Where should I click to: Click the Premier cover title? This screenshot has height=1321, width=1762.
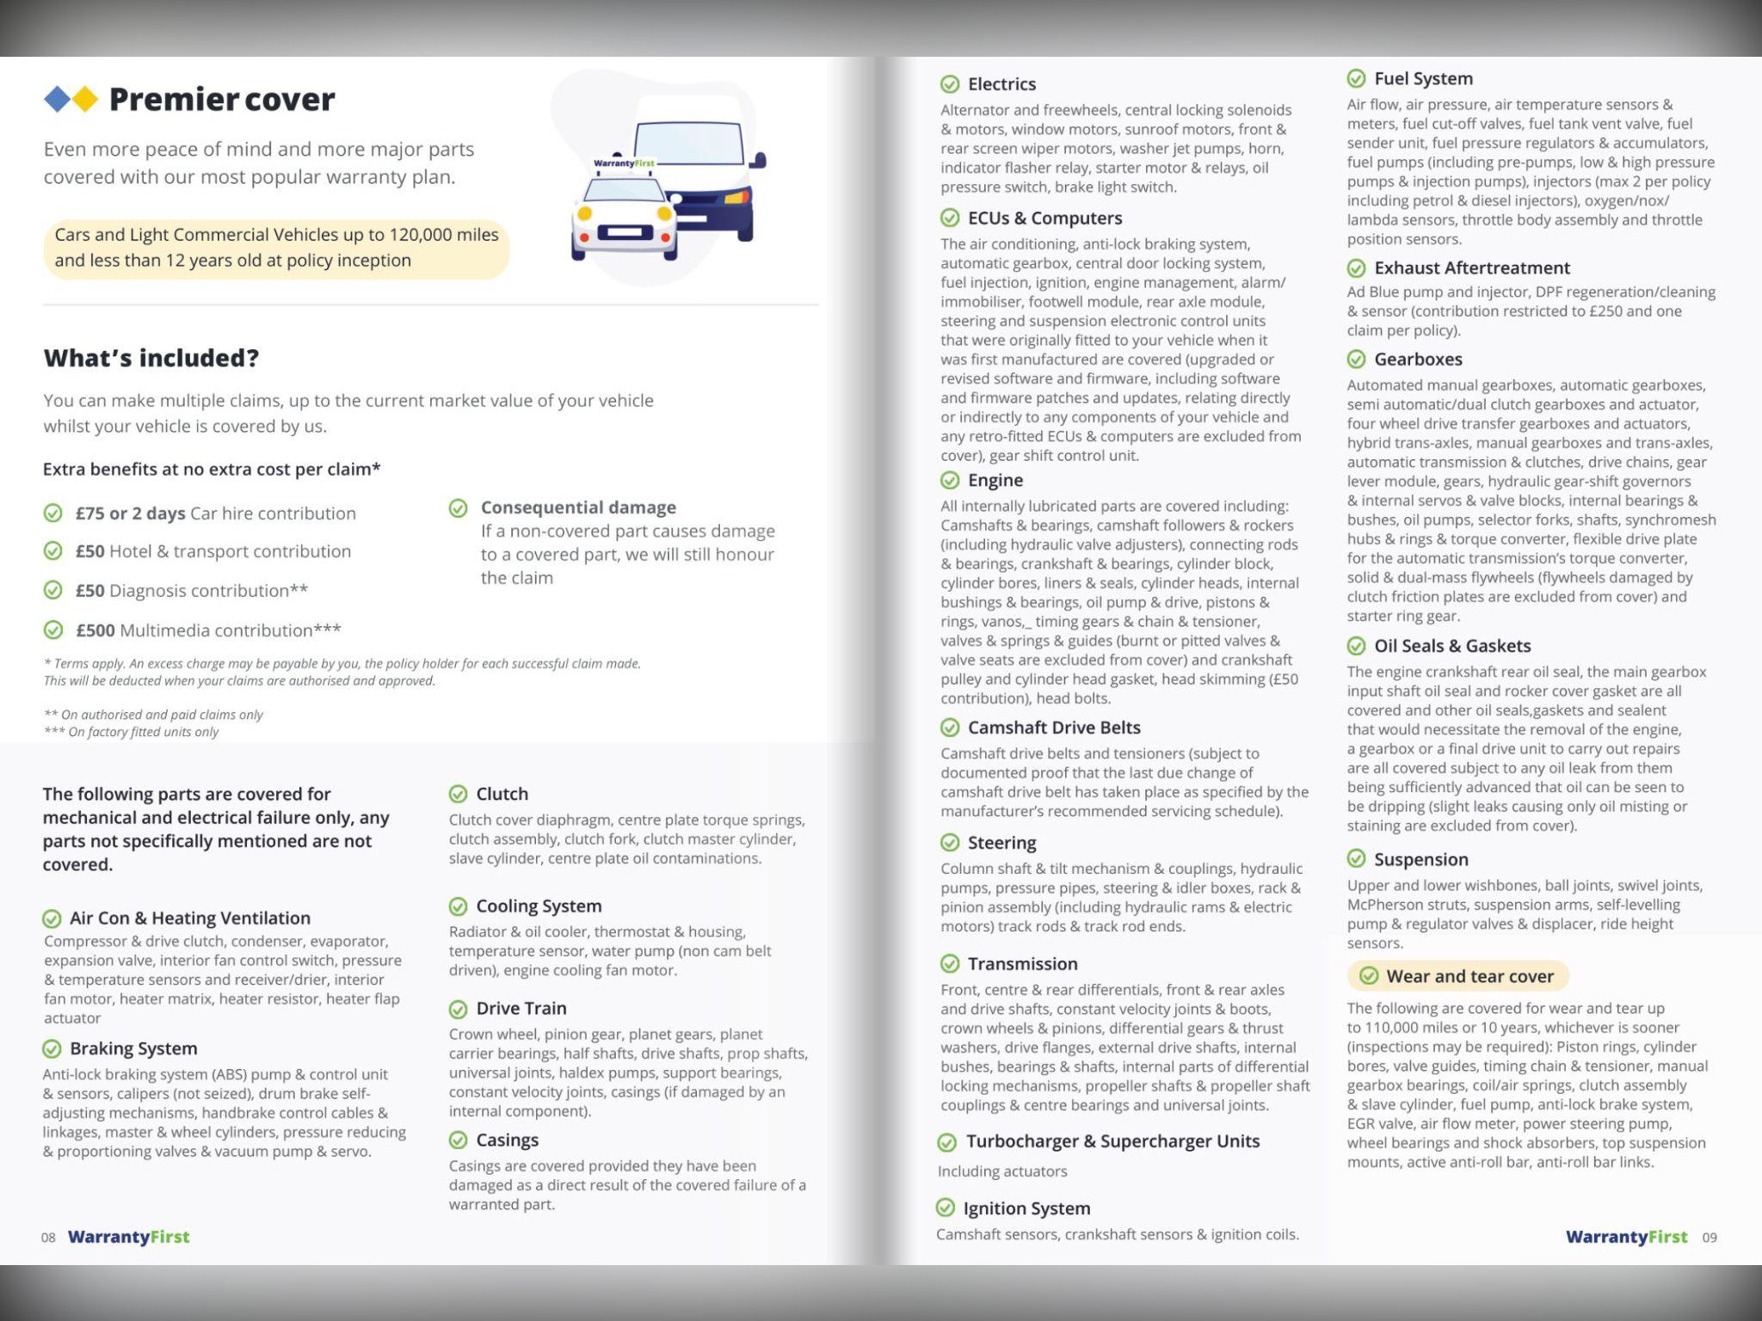coord(221,100)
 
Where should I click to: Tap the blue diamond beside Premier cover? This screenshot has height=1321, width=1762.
coord(57,100)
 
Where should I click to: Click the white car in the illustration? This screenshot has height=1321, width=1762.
coord(624,220)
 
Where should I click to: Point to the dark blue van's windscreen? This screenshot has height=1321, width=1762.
coord(688,145)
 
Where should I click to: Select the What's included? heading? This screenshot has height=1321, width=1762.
coord(151,358)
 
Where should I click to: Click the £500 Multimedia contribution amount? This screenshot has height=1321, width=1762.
coord(95,630)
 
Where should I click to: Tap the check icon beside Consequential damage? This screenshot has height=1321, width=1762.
coord(459,508)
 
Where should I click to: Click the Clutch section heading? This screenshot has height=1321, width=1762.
coord(502,794)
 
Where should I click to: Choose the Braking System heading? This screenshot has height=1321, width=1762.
coord(133,1048)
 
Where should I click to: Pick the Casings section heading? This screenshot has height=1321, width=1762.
coord(507,1140)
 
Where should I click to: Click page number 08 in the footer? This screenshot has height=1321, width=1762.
coord(48,1238)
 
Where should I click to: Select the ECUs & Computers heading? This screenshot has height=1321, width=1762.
coord(1044,218)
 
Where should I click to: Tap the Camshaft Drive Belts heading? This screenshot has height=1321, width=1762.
coord(1054,728)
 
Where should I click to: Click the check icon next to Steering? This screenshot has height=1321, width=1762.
coord(950,843)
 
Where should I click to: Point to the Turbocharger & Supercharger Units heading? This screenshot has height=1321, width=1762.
coord(1112,1141)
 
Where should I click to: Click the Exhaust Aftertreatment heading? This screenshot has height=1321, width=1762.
coord(1471,267)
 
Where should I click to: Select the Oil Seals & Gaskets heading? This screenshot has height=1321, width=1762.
coord(1452,646)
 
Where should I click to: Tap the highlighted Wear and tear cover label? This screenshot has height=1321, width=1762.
coord(1469,976)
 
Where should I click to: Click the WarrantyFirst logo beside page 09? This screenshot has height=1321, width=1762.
coord(1626,1237)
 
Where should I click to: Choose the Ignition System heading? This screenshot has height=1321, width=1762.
coord(1026,1208)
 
